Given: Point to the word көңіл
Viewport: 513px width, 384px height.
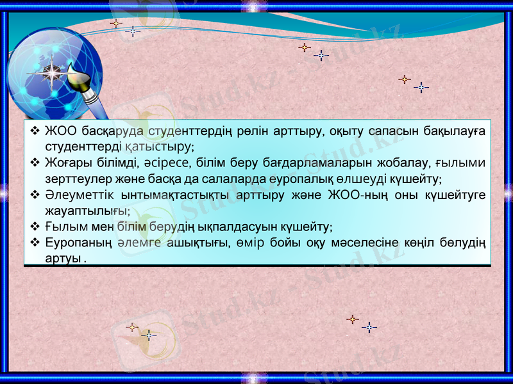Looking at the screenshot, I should (x=433, y=243).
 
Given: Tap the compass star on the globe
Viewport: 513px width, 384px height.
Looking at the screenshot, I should (x=51, y=72).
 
